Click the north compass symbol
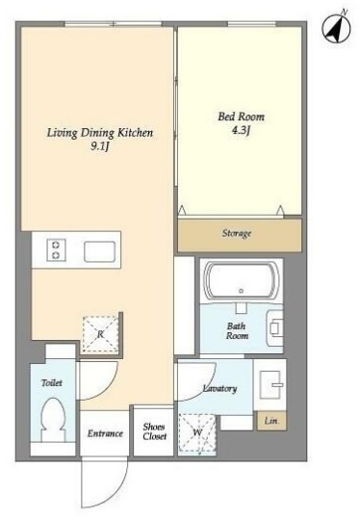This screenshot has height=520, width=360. pyautogui.click(x=336, y=29)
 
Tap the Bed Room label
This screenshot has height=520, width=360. pyautogui.click(x=241, y=117)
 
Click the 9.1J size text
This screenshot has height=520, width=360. pyautogui.click(x=100, y=146)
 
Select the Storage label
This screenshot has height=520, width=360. pyautogui.click(x=237, y=233)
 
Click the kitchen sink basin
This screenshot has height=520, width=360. pyautogui.click(x=99, y=251)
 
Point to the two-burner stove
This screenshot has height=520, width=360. pyautogui.click(x=56, y=249)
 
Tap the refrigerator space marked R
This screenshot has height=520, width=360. pyautogui.click(x=100, y=334)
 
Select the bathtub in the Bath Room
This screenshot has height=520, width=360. pyautogui.click(x=241, y=280)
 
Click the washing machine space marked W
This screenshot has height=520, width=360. pyautogui.click(x=197, y=432)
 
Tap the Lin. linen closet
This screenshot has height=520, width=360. pyautogui.click(x=271, y=421)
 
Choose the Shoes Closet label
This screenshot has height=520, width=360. pyautogui.click(x=154, y=431)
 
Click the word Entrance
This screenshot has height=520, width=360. pyautogui.click(x=105, y=433)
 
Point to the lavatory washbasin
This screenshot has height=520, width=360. pyautogui.click(x=270, y=384)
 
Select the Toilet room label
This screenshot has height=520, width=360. pyautogui.click(x=52, y=382)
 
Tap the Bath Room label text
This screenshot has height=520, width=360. pyautogui.click(x=237, y=330)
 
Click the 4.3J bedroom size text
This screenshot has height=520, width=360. pyautogui.click(x=241, y=130)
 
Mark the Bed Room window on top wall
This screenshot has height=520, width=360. pyautogui.click(x=252, y=24)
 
